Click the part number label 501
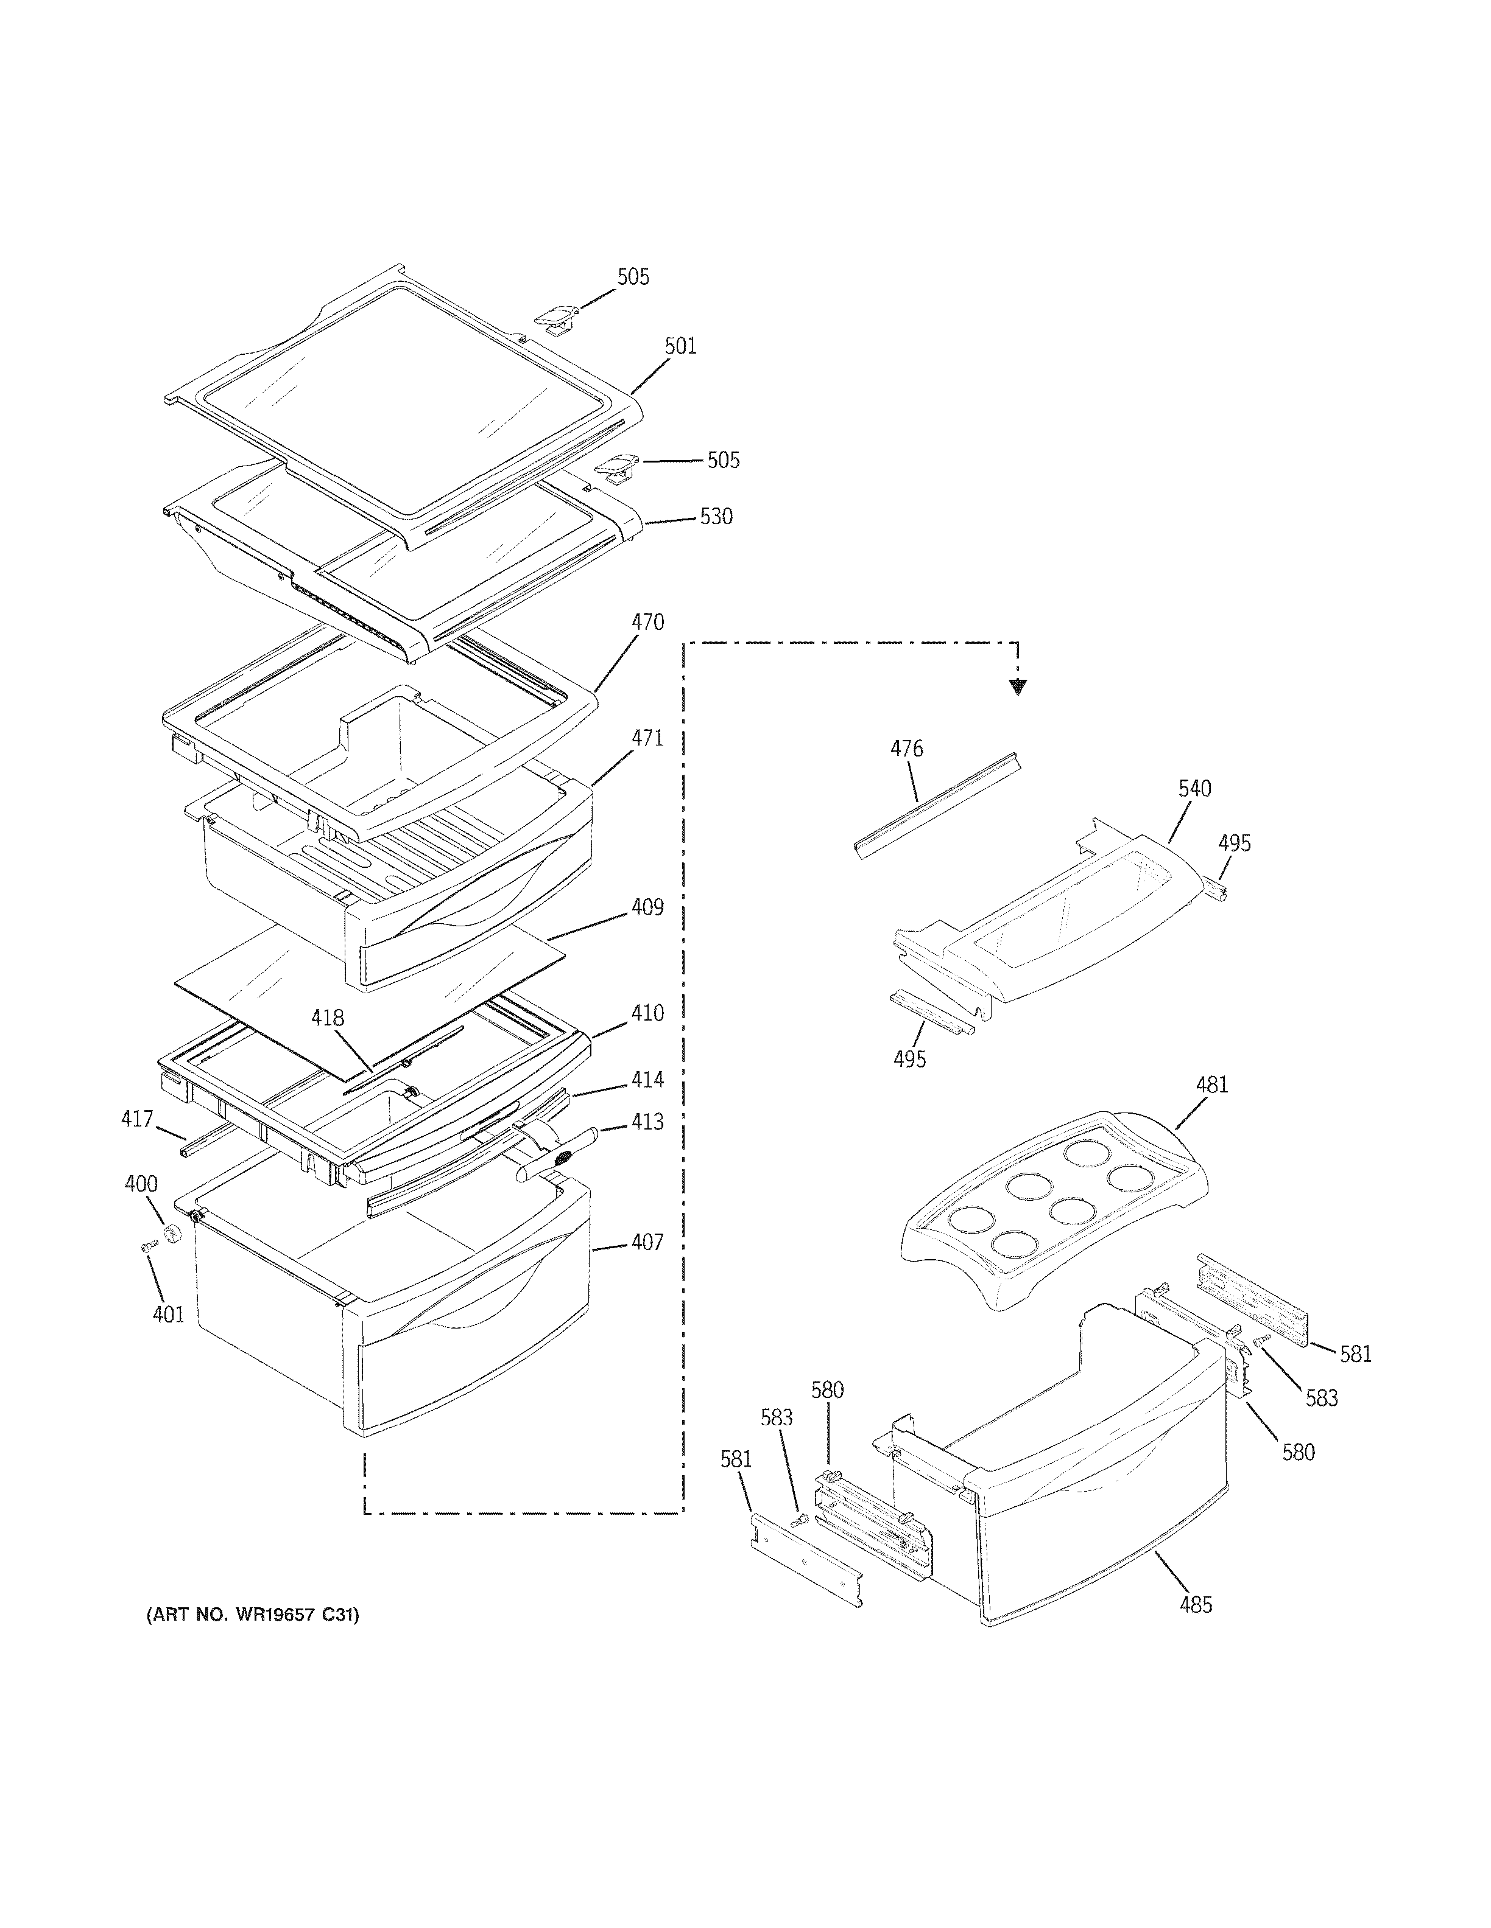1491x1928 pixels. (x=680, y=346)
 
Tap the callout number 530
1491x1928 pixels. (x=716, y=517)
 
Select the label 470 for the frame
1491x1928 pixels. (x=647, y=623)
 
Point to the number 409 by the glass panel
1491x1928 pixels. (x=647, y=907)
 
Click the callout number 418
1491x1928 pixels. (x=327, y=1018)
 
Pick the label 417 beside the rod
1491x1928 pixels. (x=137, y=1119)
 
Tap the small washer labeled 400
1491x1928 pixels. (x=173, y=1232)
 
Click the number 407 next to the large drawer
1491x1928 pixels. (x=647, y=1242)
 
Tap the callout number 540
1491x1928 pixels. (x=1194, y=788)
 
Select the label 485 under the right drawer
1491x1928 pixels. (x=1196, y=1605)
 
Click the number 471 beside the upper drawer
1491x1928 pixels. (x=647, y=738)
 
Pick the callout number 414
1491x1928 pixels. (x=647, y=1080)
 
